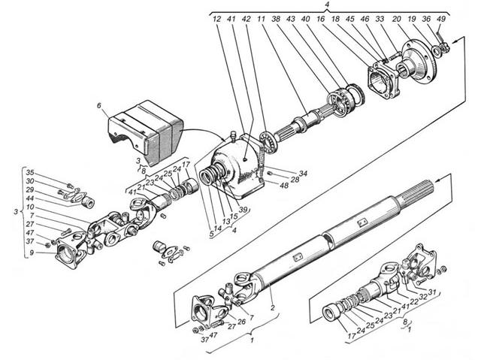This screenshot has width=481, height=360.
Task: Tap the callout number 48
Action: (x=285, y=186)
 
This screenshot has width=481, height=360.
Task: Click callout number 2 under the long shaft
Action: (x=262, y=307)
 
